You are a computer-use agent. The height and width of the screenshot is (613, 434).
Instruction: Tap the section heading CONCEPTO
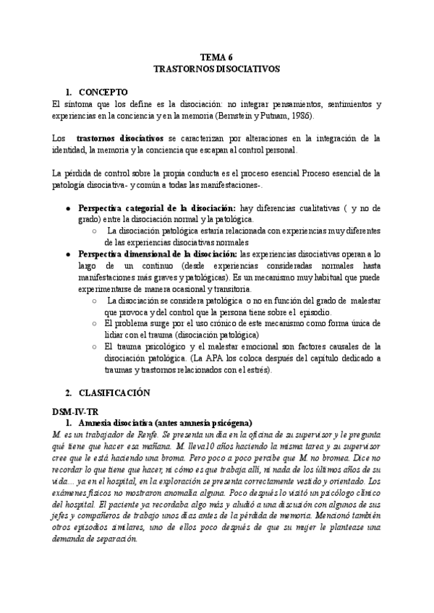(103, 93)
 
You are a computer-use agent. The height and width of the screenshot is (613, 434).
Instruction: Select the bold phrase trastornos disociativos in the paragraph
(122, 138)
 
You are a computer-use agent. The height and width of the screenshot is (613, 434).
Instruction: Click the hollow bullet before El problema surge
(95, 324)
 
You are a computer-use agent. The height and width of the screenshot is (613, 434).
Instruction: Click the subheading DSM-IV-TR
(73, 411)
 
